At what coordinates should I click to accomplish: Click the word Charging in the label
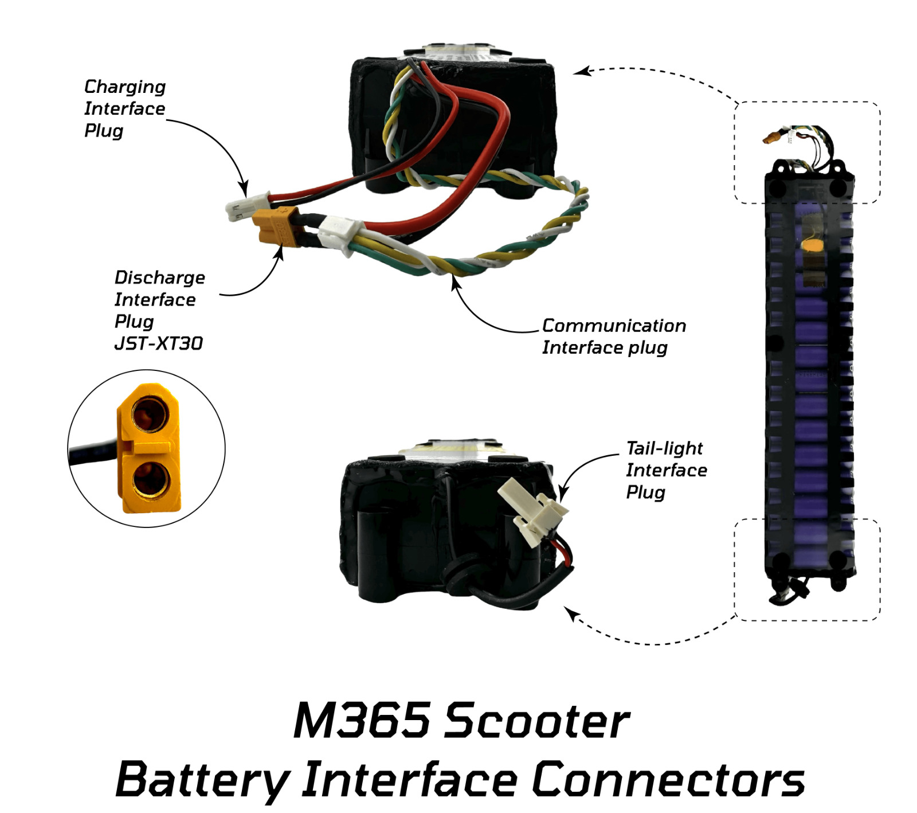click(124, 87)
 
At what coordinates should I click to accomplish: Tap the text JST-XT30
click(158, 343)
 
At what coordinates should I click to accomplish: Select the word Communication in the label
click(613, 325)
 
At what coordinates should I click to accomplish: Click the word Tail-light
click(664, 448)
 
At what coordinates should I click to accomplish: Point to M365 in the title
click(361, 720)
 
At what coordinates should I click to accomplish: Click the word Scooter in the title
click(537, 720)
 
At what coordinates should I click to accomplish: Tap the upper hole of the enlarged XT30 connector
click(150, 415)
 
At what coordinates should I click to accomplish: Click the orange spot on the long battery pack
click(811, 245)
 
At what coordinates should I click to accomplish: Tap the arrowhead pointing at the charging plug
click(244, 189)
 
